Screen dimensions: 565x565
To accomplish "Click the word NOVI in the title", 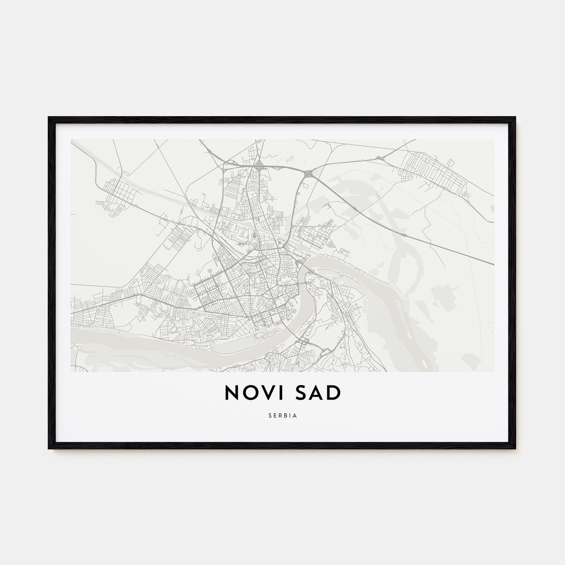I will pyautogui.click(x=253, y=393).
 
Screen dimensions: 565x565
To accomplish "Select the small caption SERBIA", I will pyautogui.click(x=282, y=416).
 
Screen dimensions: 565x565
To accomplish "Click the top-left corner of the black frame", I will pyautogui.click(x=49, y=117).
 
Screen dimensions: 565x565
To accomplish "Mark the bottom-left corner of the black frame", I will pyautogui.click(x=49, y=448).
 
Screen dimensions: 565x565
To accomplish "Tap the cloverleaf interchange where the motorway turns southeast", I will pyautogui.click(x=309, y=174).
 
